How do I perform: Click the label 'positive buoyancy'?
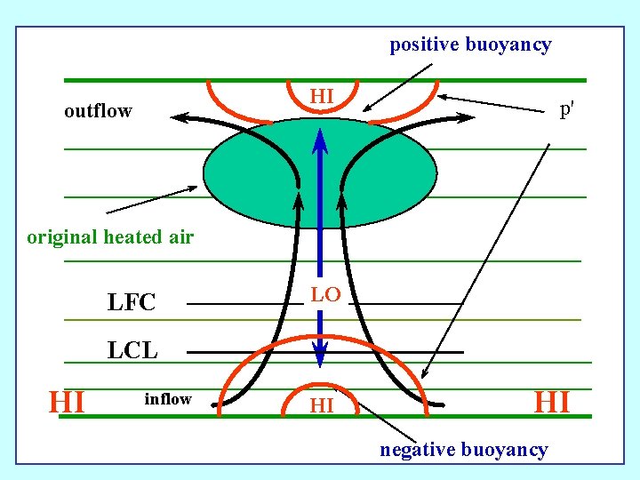(x=470, y=44)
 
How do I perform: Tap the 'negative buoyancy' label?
(x=463, y=450)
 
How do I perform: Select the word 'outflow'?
(x=98, y=111)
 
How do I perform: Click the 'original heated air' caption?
(x=110, y=237)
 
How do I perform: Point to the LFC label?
(x=132, y=303)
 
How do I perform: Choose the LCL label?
(x=132, y=350)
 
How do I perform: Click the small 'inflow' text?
(x=168, y=399)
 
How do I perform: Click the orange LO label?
(x=325, y=295)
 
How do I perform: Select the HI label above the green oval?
(x=322, y=95)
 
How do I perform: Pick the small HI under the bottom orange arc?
(x=321, y=406)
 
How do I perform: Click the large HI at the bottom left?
(x=68, y=402)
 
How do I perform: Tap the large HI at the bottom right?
(x=551, y=402)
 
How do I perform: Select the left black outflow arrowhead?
(x=179, y=116)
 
